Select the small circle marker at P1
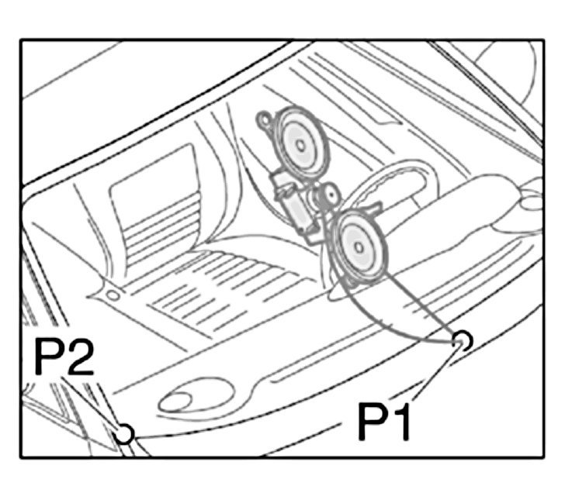coord(461,340)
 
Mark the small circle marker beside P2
coord(123,433)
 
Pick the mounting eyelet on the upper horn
coord(266,121)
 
